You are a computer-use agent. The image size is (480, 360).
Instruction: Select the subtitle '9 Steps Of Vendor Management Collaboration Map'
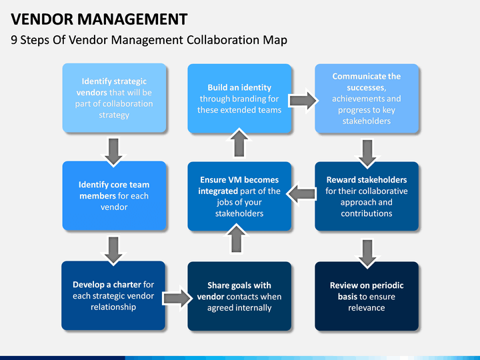(149, 40)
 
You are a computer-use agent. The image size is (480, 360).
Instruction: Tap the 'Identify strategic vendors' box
(114, 98)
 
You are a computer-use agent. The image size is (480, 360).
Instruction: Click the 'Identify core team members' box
(114, 196)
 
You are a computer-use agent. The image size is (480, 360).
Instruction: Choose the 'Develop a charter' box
(114, 295)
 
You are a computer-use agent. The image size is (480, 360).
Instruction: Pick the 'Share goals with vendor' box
(239, 296)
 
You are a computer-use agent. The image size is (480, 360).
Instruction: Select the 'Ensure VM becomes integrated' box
(239, 197)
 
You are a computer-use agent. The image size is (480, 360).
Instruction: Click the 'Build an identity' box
(239, 98)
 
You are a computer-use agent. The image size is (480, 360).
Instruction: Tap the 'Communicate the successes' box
(367, 98)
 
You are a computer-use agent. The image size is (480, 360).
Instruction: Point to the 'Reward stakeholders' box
(367, 197)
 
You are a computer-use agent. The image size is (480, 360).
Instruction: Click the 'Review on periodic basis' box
(367, 296)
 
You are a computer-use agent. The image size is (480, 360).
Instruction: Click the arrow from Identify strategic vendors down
(114, 151)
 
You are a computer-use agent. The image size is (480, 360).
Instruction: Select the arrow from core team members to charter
(114, 249)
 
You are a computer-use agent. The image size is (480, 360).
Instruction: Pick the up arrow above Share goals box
(239, 239)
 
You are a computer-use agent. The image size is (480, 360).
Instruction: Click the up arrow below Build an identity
(239, 143)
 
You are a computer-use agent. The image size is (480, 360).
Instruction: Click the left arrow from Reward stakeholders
(303, 194)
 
